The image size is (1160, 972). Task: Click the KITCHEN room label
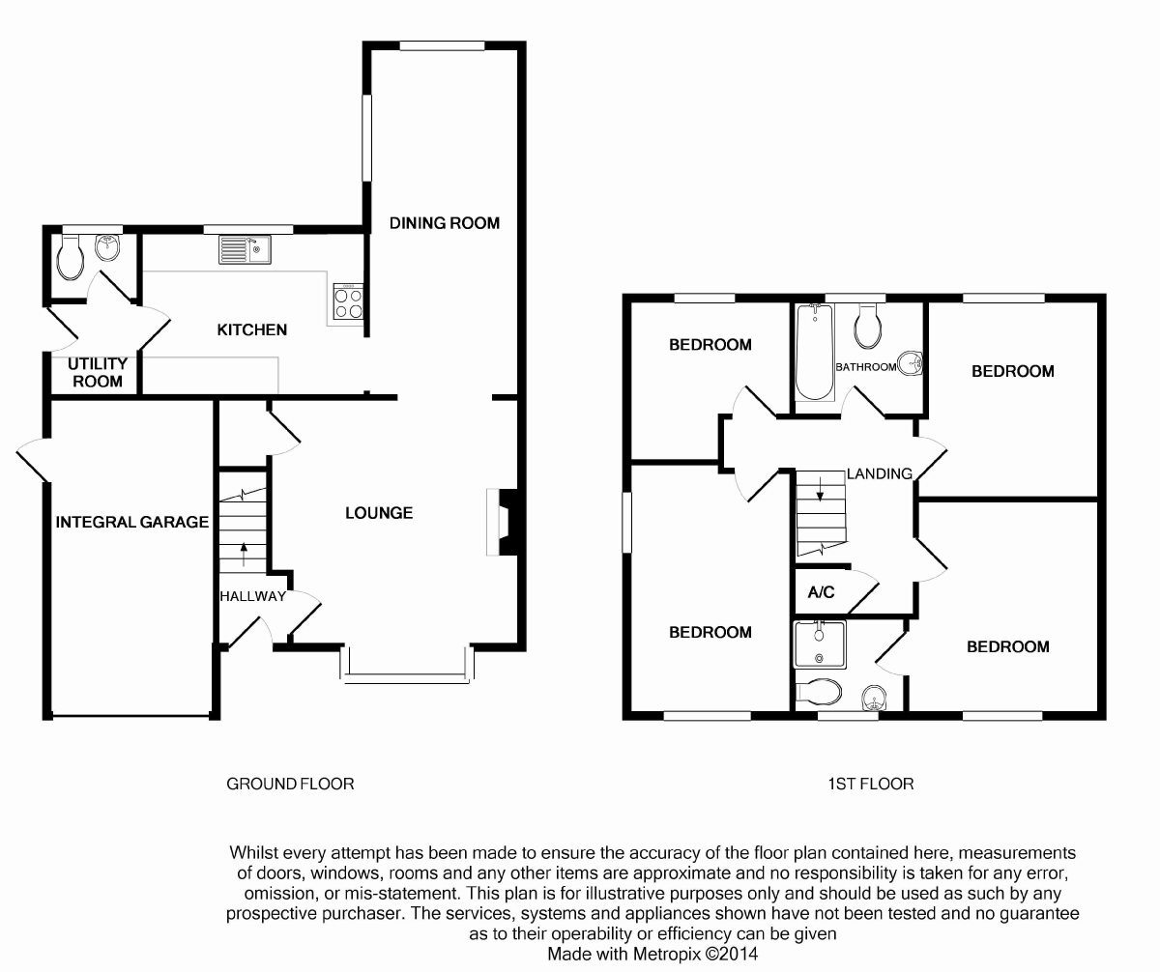tap(251, 329)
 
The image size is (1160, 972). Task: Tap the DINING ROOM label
tap(445, 223)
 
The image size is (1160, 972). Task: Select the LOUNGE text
tap(379, 513)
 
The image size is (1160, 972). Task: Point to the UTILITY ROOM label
tap(97, 372)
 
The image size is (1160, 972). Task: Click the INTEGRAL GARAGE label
tap(132, 523)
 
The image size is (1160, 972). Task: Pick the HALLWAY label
tap(252, 596)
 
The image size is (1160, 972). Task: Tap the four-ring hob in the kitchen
tap(349, 303)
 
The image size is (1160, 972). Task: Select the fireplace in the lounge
tap(504, 522)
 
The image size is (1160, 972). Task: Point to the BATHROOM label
tap(866, 367)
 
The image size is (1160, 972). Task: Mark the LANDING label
tap(879, 473)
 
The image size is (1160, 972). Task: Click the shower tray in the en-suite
tap(820, 643)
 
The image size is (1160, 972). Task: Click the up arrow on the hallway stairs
tap(243, 554)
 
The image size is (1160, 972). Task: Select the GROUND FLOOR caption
tap(290, 784)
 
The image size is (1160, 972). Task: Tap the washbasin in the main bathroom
tap(910, 364)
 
